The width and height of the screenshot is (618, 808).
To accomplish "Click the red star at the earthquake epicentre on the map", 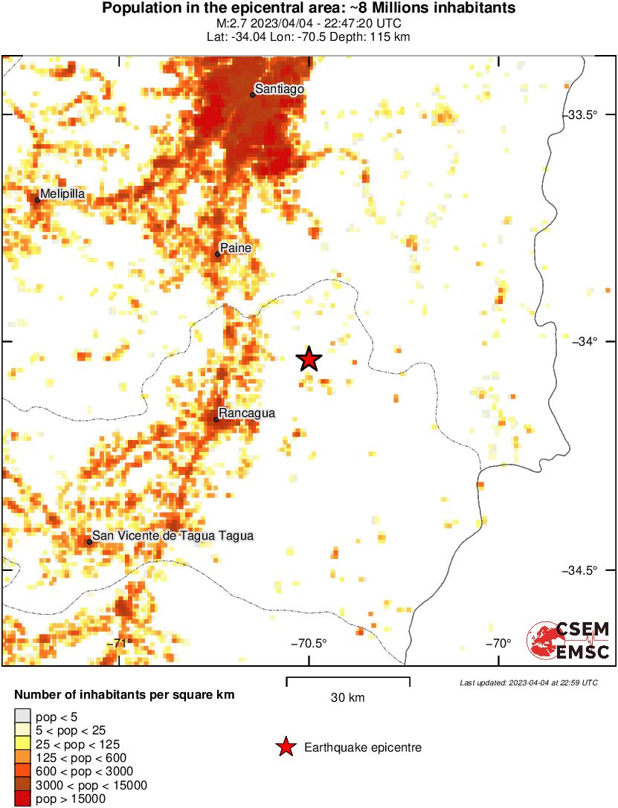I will (x=309, y=359).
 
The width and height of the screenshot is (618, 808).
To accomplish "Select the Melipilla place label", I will (x=62, y=194).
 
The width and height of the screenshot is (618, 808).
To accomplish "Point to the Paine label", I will (x=236, y=248).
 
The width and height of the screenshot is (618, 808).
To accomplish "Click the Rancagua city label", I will (x=247, y=413).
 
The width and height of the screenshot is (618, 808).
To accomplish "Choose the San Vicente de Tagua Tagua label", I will (x=173, y=535).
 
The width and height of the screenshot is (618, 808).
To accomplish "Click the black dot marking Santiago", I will (x=253, y=95).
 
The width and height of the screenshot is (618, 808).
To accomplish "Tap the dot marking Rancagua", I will (x=216, y=419).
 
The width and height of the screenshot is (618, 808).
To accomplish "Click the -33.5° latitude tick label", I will (x=582, y=115).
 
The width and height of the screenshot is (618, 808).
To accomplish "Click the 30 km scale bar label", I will (x=347, y=697).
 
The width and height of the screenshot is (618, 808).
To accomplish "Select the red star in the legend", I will (x=285, y=747).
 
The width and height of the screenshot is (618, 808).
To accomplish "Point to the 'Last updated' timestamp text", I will (x=528, y=682).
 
